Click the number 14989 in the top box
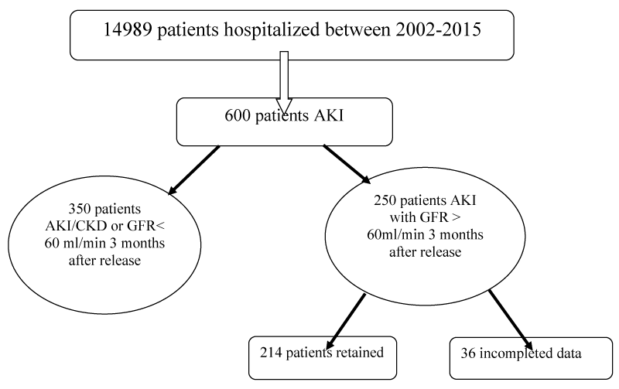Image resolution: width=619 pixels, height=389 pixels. [x=128, y=29]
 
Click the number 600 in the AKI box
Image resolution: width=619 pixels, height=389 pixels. [x=238, y=115]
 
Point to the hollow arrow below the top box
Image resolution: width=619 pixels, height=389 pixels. [x=284, y=83]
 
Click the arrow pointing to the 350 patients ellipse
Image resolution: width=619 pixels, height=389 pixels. [x=194, y=170]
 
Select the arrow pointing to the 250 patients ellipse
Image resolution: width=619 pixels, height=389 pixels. [x=347, y=164]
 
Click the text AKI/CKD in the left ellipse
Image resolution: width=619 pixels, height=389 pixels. [x=76, y=226]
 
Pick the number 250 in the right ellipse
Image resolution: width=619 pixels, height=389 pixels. [x=385, y=200]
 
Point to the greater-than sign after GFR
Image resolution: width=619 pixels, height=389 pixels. [x=456, y=218]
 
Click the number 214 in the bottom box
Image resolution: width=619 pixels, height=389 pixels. [x=271, y=353]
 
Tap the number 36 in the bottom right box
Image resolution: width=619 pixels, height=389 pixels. [x=468, y=353]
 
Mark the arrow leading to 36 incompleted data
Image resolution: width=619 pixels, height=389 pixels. [x=510, y=319]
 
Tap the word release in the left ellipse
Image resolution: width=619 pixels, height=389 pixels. [x=121, y=261]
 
